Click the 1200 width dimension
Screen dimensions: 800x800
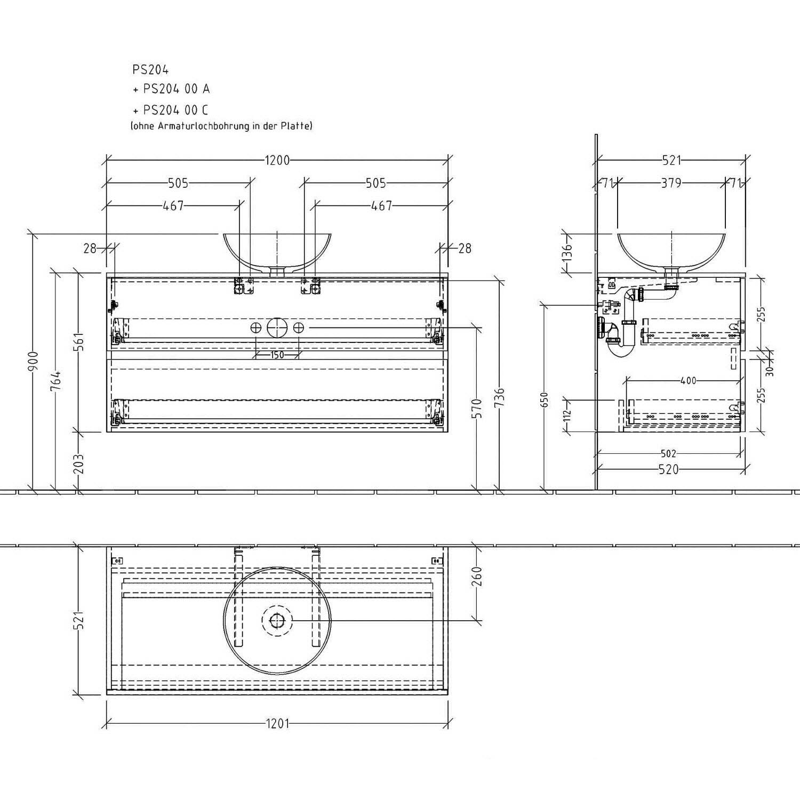(277, 160)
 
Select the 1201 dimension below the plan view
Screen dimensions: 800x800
(277, 724)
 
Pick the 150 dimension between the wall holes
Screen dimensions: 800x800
(277, 355)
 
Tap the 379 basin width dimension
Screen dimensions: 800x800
(671, 183)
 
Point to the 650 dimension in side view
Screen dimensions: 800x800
(544, 401)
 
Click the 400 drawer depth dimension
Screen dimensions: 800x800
(689, 381)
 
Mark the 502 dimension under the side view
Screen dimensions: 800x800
(668, 453)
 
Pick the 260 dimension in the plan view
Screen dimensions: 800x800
(477, 576)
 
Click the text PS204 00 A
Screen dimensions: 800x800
(176, 89)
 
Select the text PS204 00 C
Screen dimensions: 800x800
(175, 110)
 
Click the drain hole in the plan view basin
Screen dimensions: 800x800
(277, 620)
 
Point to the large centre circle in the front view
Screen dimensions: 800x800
(277, 327)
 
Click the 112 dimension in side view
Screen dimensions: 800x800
(567, 413)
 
